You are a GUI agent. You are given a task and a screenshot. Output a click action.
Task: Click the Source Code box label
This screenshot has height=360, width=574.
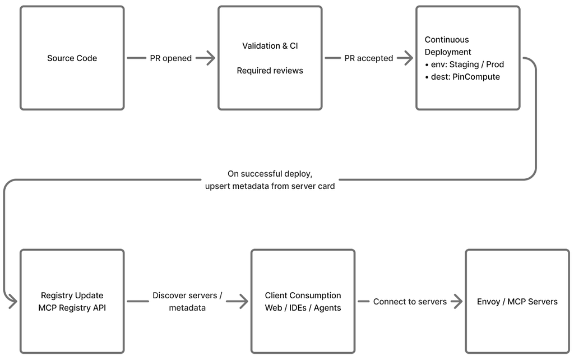coord(72,58)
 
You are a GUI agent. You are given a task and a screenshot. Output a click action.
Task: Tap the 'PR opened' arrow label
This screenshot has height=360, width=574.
coord(170,58)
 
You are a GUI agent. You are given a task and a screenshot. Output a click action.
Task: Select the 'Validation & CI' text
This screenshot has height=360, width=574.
coord(270,46)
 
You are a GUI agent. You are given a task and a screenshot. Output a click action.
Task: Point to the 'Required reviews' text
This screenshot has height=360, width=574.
coord(270,70)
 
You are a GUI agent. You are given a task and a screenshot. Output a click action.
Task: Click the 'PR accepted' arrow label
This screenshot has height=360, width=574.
coord(369,58)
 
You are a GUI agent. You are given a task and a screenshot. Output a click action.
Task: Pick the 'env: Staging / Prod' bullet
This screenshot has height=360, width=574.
coord(465,64)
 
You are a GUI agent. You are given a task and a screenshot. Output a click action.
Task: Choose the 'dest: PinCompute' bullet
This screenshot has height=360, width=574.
coord(462,77)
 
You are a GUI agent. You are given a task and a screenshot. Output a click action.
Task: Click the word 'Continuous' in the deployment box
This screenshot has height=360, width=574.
coord(447,40)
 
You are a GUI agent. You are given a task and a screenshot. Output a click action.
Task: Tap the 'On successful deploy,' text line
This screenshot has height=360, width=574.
coord(270,174)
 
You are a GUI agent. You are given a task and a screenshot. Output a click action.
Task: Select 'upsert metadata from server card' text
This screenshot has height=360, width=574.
coord(270,186)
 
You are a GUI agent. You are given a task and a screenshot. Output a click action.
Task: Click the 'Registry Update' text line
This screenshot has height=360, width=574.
coord(72,296)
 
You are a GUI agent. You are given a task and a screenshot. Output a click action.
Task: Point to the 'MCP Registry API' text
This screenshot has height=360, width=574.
coord(72,308)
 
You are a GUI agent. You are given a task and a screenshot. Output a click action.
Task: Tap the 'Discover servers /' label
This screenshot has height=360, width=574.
coord(187,296)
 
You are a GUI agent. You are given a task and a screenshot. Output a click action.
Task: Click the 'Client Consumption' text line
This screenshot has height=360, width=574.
coord(303,296)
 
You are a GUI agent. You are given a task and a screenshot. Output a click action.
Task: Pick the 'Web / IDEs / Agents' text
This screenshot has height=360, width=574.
coord(303,308)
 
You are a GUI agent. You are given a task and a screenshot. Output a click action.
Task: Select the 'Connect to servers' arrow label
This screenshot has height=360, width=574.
coord(410,302)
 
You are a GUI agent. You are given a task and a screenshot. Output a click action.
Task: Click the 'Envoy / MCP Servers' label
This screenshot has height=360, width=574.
coord(517,302)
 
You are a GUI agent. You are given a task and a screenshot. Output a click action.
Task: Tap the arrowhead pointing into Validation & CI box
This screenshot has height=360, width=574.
coord(211,58)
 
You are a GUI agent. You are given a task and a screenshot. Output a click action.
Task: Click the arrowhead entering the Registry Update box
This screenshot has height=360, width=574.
coord(13,302)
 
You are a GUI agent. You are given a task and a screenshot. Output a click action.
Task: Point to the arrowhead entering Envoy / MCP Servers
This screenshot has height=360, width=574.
coord(458,302)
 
